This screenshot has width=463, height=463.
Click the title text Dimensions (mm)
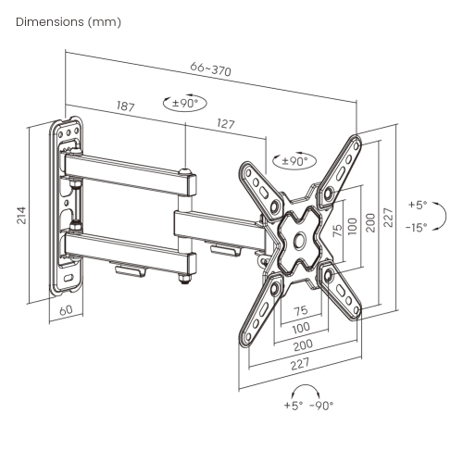[68, 20]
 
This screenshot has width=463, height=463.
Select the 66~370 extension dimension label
[210, 69]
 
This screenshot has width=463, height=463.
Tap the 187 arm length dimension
[127, 106]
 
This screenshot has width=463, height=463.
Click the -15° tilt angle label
[417, 227]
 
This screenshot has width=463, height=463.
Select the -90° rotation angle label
[321, 405]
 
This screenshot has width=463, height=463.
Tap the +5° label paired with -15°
[418, 205]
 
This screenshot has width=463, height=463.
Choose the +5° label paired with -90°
[294, 405]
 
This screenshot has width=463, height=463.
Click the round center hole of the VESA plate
[299, 240]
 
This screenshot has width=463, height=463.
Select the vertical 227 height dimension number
[389, 216]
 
